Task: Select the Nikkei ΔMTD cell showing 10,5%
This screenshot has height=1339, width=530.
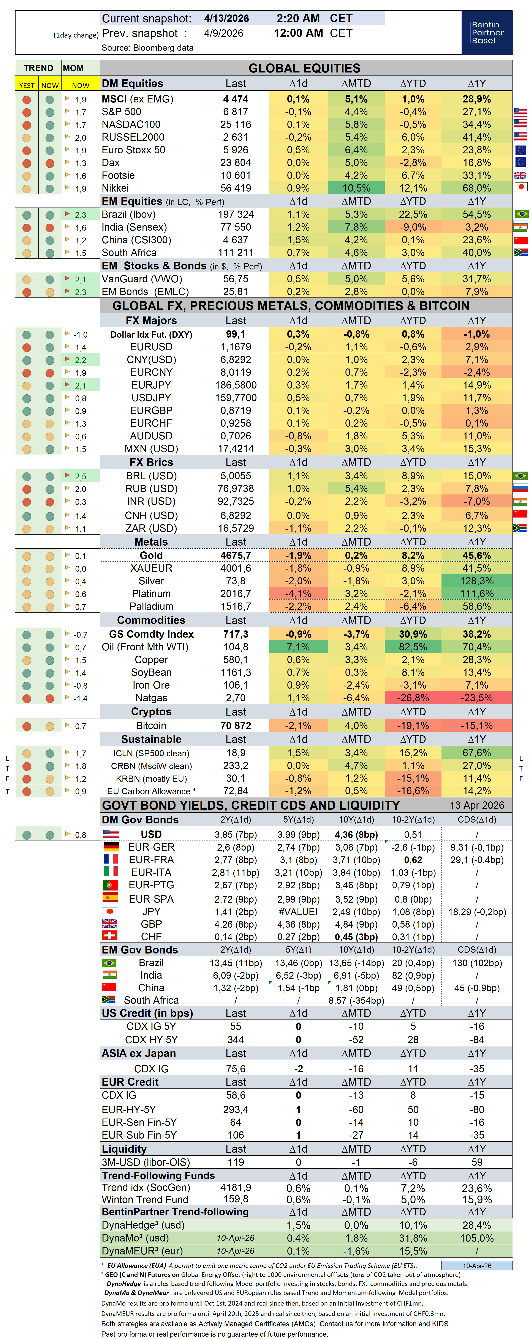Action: [x=356, y=188]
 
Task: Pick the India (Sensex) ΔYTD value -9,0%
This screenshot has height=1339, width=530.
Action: [x=413, y=227]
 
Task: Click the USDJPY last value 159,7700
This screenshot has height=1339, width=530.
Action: [x=236, y=398]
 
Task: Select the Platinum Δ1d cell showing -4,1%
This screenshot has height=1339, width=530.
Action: [x=298, y=594]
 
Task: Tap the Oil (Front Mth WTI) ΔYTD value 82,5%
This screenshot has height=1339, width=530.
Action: [x=413, y=647]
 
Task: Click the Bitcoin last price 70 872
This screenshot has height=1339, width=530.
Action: [x=236, y=726]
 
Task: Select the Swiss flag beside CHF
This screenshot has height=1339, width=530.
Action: [x=110, y=936]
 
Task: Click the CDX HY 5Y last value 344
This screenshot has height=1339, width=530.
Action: [x=236, y=1040]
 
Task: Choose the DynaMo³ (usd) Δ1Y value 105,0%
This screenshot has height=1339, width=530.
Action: [x=476, y=1238]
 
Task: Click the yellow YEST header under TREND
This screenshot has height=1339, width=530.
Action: [x=27, y=85]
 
